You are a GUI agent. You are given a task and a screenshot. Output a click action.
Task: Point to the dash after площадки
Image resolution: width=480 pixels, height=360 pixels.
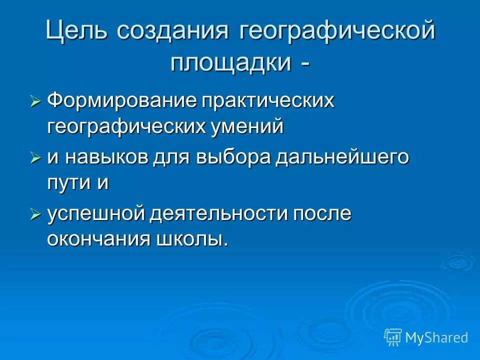click(x=304, y=64)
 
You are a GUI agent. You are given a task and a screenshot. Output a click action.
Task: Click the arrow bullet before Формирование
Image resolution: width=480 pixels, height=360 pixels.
click(x=35, y=101)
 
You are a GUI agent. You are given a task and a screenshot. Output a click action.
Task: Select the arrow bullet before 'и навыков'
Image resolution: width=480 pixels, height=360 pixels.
click(x=35, y=158)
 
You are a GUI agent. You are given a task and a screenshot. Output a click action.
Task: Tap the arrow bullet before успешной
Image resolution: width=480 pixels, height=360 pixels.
click(x=35, y=214)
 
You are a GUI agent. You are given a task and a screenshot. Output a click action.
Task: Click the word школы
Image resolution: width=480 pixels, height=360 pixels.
click(x=192, y=239)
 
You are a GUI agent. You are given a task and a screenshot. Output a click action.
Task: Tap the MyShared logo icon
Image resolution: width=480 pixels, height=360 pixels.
click(x=393, y=337)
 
